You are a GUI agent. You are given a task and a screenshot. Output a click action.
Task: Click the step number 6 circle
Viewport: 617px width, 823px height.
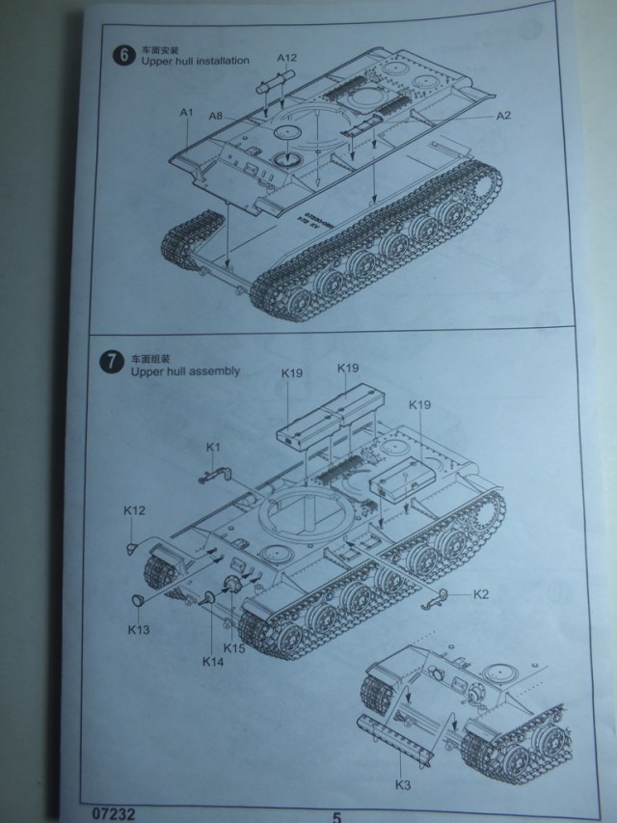(121, 55)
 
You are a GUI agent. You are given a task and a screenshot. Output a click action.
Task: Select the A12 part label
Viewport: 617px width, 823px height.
(287, 58)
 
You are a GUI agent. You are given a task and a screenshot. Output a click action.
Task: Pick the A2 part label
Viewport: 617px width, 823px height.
(502, 116)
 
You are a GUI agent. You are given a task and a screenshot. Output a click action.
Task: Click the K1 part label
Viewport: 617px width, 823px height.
(214, 447)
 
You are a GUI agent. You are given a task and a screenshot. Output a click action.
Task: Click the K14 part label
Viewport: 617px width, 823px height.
(212, 661)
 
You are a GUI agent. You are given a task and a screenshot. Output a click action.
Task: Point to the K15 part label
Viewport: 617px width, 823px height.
(236, 648)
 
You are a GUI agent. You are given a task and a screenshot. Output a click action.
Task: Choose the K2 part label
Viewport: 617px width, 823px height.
(481, 593)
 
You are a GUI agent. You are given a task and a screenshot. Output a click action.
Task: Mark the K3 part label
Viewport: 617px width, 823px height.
(403, 784)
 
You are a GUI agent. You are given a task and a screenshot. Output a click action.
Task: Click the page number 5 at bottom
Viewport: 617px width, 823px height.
(337, 815)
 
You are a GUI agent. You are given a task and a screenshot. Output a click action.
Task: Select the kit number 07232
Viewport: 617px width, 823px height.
(117, 813)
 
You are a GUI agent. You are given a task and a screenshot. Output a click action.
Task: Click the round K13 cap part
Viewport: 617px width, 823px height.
(138, 602)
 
